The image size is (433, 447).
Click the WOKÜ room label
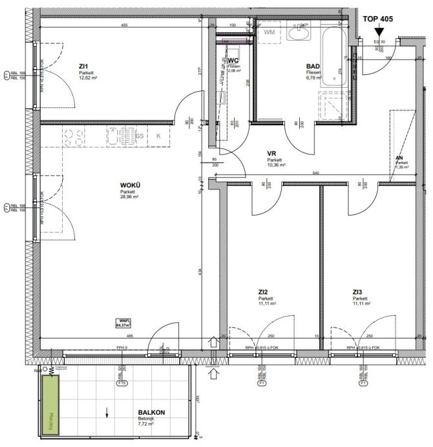tap(130, 186)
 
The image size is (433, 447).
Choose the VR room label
tap(272, 154)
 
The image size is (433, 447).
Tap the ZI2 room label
tap(263, 292)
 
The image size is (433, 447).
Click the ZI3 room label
tap(357, 292)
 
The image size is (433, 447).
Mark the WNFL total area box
tap(123, 324)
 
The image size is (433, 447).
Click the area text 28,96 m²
tap(129, 198)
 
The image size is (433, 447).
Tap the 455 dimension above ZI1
tap(123, 25)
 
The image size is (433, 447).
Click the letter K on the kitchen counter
tap(158, 136)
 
